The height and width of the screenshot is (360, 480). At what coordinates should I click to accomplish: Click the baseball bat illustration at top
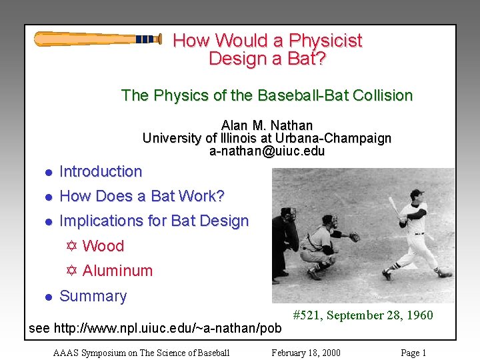(97, 39)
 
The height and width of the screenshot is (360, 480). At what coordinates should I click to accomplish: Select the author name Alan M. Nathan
(267, 125)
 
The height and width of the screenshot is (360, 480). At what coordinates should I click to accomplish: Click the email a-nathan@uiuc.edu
(267, 151)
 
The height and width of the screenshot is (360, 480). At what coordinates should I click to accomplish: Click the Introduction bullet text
(101, 171)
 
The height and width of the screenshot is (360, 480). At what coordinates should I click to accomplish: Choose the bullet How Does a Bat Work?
(142, 196)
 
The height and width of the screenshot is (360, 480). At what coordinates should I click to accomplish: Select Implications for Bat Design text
(154, 221)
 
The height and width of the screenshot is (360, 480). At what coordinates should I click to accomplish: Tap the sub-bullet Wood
(103, 246)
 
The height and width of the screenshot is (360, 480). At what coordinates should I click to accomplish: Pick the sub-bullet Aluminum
(117, 271)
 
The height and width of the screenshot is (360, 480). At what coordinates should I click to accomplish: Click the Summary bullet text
(93, 296)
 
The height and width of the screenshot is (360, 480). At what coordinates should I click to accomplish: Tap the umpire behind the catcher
(285, 240)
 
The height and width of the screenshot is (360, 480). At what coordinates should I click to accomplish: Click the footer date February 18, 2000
(305, 353)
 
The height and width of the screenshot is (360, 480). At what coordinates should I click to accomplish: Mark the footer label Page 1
(413, 353)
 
